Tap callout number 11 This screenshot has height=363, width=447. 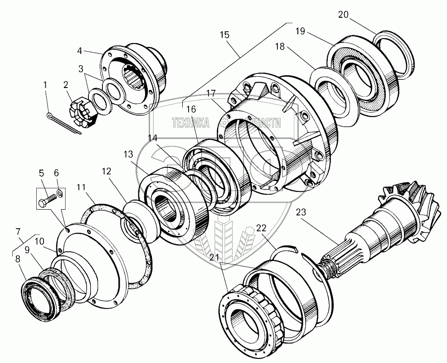pos(80,186)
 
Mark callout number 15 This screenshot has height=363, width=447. pos(224,35)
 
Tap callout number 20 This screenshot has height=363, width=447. pos(343,15)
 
